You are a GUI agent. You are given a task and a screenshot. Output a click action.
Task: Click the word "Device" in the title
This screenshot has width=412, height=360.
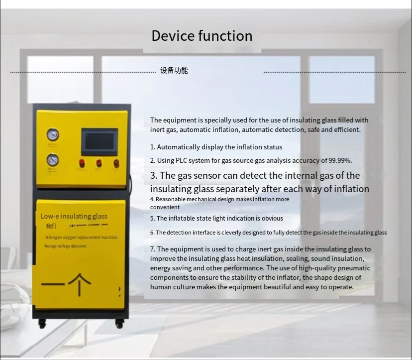(x=173, y=36)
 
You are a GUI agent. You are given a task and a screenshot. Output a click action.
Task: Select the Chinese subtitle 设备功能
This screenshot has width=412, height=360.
(x=174, y=71)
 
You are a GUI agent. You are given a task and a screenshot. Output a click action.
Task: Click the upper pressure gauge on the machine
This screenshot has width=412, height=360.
(x=52, y=135)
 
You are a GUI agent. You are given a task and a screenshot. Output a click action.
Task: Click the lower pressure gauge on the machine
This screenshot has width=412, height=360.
(x=52, y=160)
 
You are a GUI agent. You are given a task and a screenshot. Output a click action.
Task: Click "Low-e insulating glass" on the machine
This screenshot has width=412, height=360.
(x=74, y=216)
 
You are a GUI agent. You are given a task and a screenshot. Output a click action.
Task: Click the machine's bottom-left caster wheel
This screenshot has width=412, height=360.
(x=42, y=324)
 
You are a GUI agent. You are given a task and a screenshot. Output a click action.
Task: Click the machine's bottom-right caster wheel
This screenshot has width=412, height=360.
(x=119, y=324)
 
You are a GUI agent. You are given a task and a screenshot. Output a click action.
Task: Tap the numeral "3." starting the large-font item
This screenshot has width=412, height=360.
(x=154, y=175)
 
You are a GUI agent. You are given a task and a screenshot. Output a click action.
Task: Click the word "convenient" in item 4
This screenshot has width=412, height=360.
(x=165, y=207)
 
